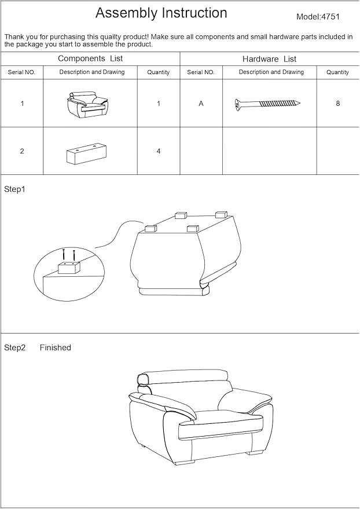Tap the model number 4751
coord(330,17)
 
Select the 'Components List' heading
coord(90,58)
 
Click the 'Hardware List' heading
coord(270,59)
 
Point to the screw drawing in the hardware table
coord(267,104)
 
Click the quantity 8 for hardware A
coord(337,104)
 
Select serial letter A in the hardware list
coord(201,104)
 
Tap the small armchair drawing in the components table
coord(87,104)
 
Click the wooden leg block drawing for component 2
coord(87,153)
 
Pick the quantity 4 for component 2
coord(159,151)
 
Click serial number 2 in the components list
coord(22,151)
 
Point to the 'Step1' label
coord(14,189)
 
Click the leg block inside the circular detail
coord(69,269)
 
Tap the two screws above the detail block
coord(69,255)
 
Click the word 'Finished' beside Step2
coord(56,347)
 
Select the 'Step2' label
coord(15,347)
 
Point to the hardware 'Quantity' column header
coord(337,72)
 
